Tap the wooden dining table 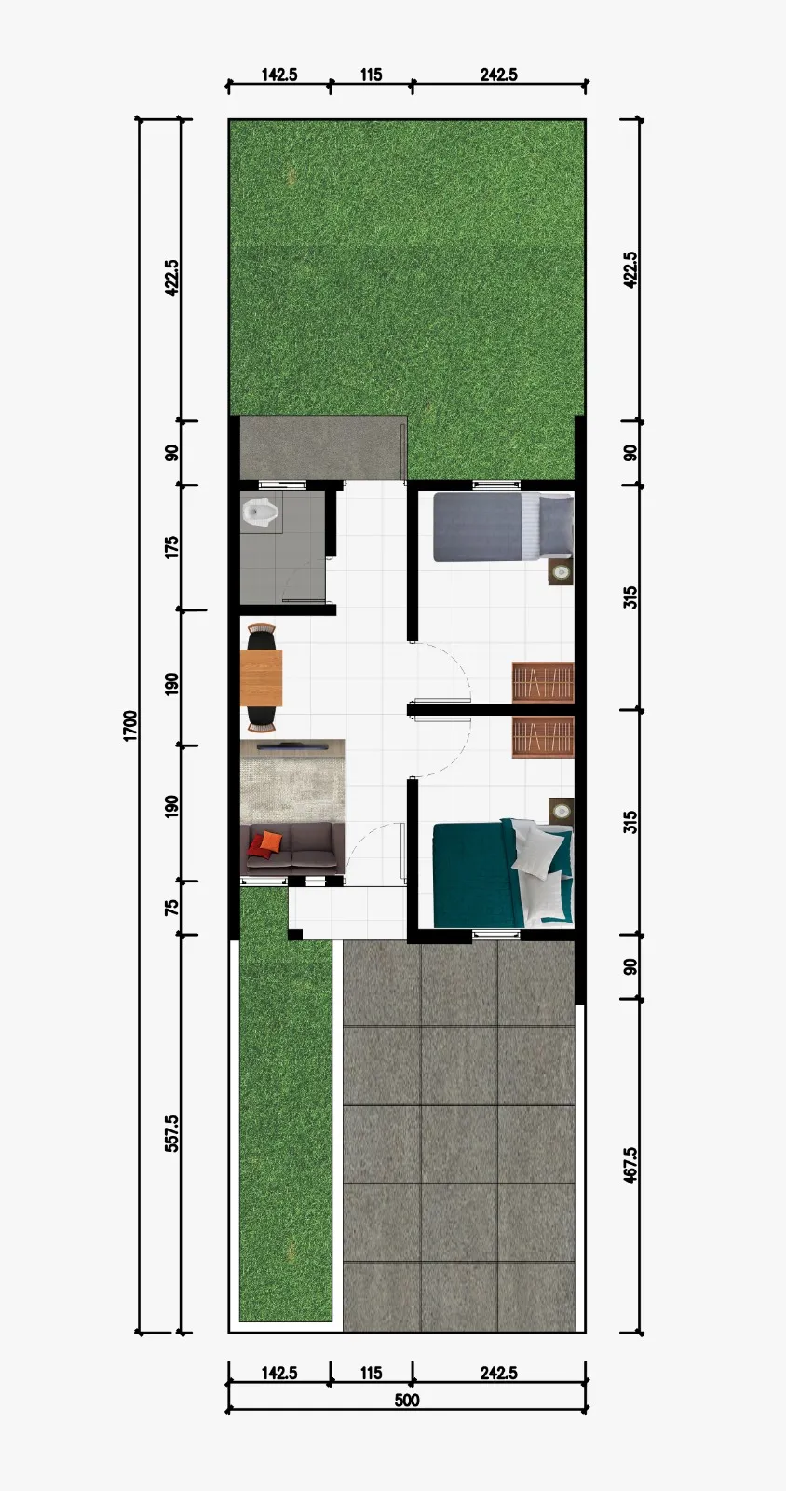click(261, 677)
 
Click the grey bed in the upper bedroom click(503, 527)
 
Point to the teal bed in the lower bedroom click(503, 872)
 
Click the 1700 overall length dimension click(130, 725)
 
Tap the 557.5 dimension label click(171, 1133)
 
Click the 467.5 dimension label click(630, 1165)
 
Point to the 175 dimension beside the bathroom click(171, 547)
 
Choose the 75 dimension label click(171, 908)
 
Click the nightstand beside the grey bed click(560, 572)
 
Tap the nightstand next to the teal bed click(560, 811)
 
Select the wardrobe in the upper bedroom click(543, 682)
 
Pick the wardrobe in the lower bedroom click(543, 737)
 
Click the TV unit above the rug click(291, 745)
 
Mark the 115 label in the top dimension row click(371, 75)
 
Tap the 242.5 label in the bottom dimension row click(499, 1373)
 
